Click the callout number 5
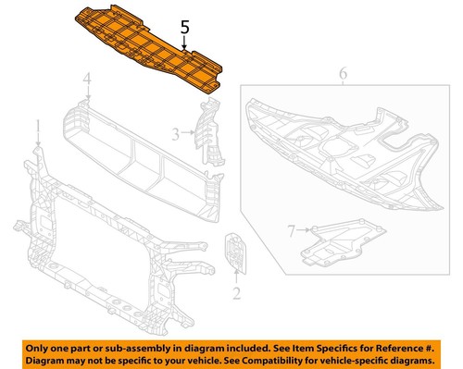185,30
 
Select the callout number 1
38,125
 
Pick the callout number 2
236,294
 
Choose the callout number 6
343,74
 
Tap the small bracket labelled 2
234,252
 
